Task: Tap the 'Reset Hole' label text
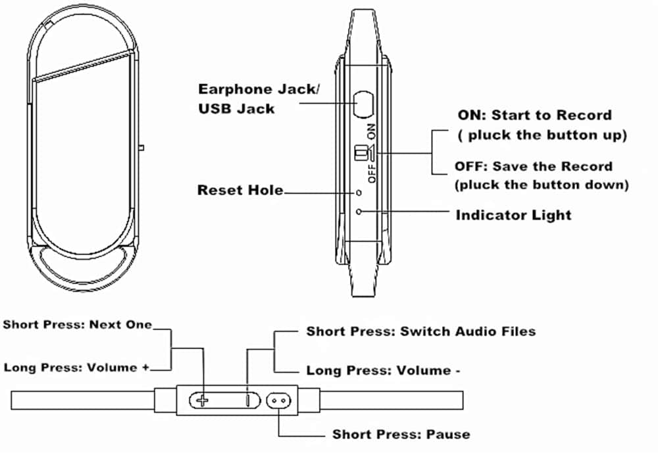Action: pos(240,191)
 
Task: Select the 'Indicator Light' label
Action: pos(513,214)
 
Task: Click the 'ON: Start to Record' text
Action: pos(534,115)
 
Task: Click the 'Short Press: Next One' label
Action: pos(78,324)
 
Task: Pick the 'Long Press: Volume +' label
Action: pos(76,367)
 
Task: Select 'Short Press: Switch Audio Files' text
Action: pos(420,331)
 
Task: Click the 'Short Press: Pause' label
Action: pos(401,434)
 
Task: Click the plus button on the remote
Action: pos(204,400)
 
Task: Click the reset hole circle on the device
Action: pos(359,193)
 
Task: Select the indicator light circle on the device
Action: pos(359,212)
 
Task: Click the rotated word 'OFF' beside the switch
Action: pos(372,174)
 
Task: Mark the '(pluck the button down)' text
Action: pos(542,185)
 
